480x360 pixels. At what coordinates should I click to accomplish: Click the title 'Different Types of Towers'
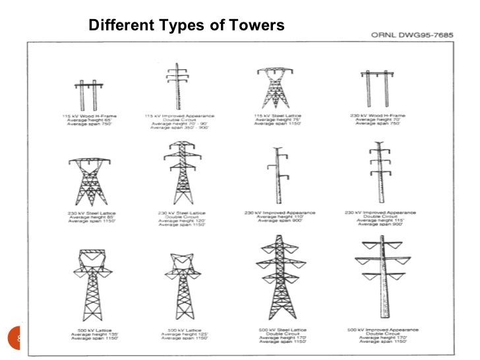point(187,26)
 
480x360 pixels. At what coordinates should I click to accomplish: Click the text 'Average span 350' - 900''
point(179,127)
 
